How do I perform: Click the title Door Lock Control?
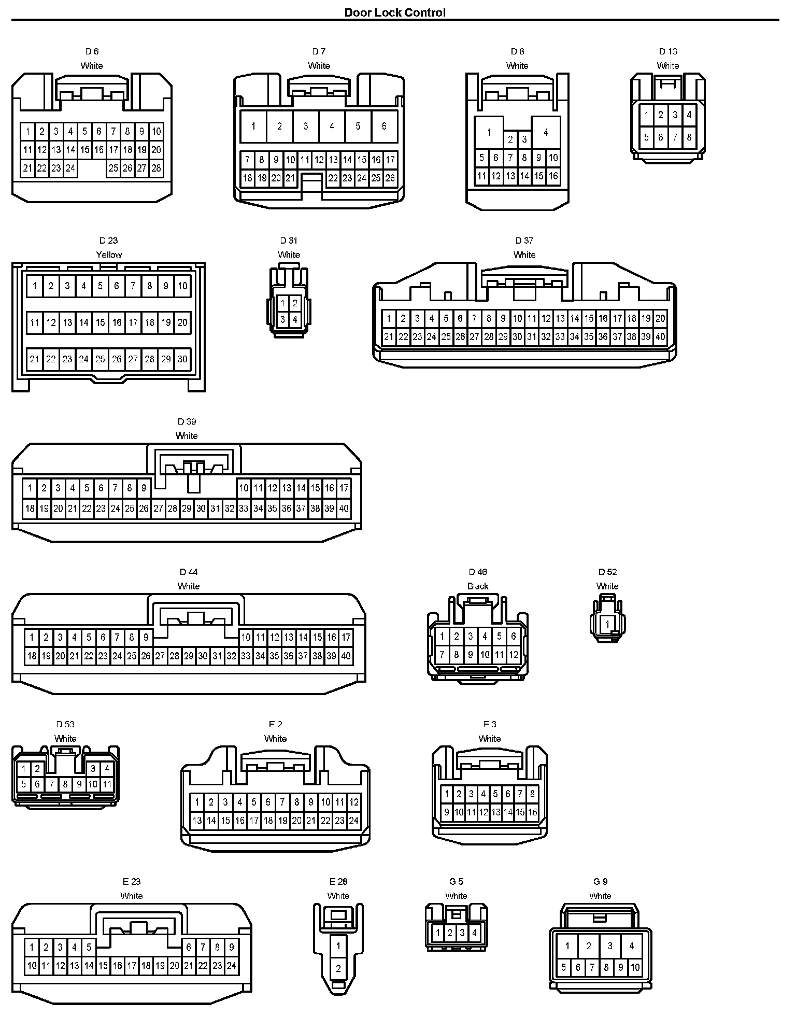(x=395, y=12)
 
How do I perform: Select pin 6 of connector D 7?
(x=384, y=126)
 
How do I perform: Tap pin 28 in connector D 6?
(x=156, y=168)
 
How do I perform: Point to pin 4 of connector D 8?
(x=546, y=133)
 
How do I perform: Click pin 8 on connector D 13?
(x=689, y=137)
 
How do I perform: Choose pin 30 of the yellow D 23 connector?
(x=182, y=359)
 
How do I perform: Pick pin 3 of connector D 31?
(x=282, y=319)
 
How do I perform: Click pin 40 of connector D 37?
(x=660, y=336)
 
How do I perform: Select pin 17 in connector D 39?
(x=344, y=488)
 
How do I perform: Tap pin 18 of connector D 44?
(x=32, y=656)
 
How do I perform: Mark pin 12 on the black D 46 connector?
(x=513, y=655)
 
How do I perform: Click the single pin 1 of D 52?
(x=607, y=625)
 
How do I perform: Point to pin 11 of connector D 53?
(x=107, y=784)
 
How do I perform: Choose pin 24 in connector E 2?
(x=353, y=821)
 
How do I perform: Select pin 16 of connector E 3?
(x=532, y=812)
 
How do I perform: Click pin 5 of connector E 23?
(x=89, y=948)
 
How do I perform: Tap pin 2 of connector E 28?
(x=338, y=968)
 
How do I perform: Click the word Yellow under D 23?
(x=109, y=255)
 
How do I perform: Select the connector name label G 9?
(x=600, y=881)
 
